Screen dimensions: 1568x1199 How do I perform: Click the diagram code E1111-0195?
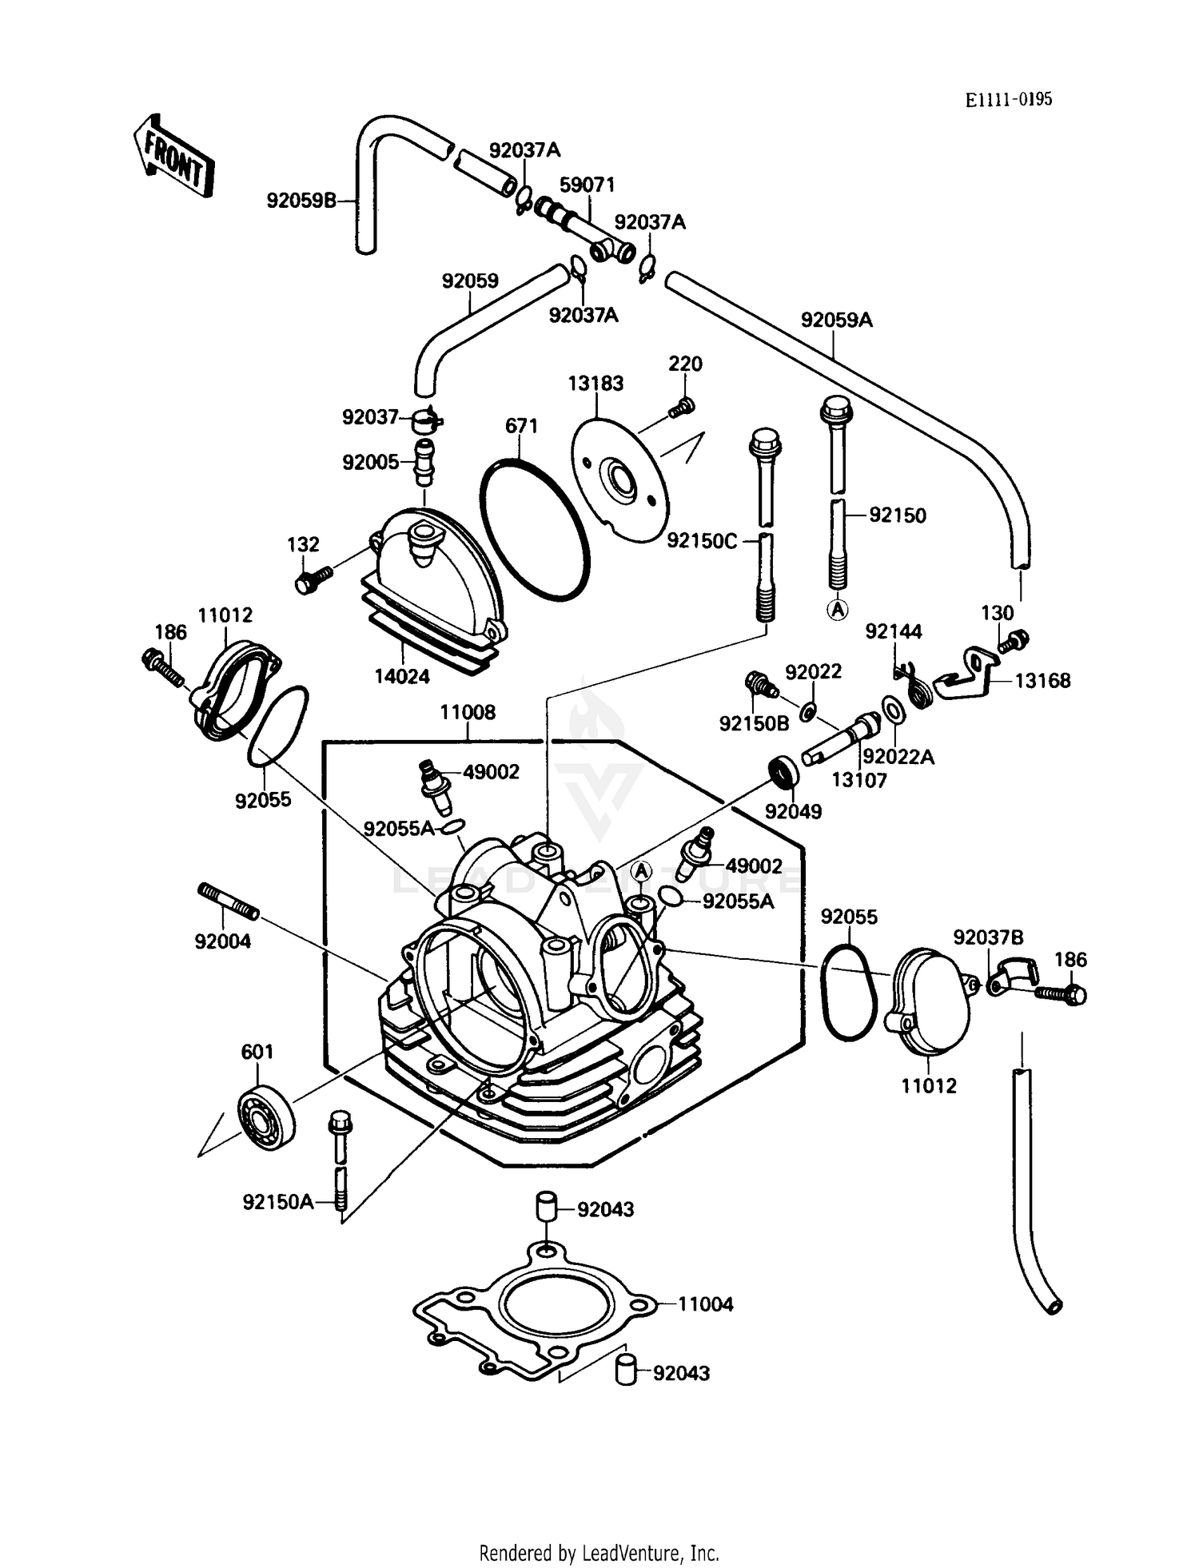click(1008, 99)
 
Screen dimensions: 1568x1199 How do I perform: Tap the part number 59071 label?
click(587, 185)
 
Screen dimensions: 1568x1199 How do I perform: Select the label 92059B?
click(301, 201)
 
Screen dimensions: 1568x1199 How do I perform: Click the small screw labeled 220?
click(681, 408)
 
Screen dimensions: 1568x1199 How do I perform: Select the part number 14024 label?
click(402, 676)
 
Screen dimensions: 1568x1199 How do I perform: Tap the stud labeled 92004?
click(229, 901)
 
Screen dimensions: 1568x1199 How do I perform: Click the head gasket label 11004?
click(705, 1303)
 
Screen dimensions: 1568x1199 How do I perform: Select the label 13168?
click(1042, 680)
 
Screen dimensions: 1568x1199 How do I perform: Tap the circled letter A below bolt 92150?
click(837, 610)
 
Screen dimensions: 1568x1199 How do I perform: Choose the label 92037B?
click(987, 937)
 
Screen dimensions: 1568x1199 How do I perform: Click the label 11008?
click(468, 711)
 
